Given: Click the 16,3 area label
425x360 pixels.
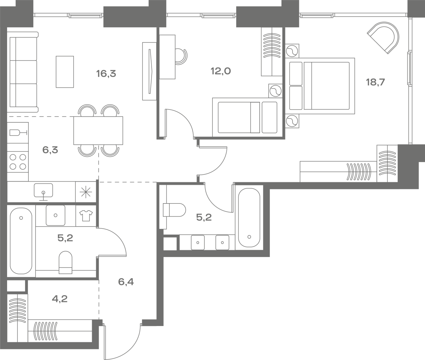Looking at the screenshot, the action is click(x=106, y=74).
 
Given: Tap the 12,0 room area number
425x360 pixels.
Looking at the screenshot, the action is click(x=221, y=71).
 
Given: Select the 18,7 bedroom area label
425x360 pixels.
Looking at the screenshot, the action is click(x=375, y=82).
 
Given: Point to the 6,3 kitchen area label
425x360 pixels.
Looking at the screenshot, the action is click(x=50, y=150).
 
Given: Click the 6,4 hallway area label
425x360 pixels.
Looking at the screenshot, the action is click(x=126, y=282).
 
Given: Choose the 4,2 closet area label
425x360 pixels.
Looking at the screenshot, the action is click(x=59, y=299).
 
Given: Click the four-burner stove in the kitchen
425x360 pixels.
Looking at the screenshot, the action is click(x=18, y=162).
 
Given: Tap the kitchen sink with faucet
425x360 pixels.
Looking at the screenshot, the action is click(x=43, y=192).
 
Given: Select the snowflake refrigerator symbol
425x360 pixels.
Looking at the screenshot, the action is click(x=86, y=192).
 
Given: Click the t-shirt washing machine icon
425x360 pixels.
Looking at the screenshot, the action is click(x=86, y=216).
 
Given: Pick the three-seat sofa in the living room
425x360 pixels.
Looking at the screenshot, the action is click(x=23, y=72).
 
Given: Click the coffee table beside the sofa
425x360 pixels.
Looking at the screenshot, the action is click(x=65, y=72).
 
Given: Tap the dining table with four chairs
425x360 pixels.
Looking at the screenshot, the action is click(x=98, y=131).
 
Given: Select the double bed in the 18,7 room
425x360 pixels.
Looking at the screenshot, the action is click(x=320, y=86).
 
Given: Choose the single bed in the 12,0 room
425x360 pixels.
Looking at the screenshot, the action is click(x=247, y=117).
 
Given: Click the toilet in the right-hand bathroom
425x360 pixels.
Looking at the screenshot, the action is click(x=174, y=210).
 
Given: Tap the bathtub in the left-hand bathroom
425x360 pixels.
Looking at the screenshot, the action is click(x=21, y=241).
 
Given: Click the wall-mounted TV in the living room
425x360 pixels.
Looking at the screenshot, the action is click(x=149, y=71).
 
